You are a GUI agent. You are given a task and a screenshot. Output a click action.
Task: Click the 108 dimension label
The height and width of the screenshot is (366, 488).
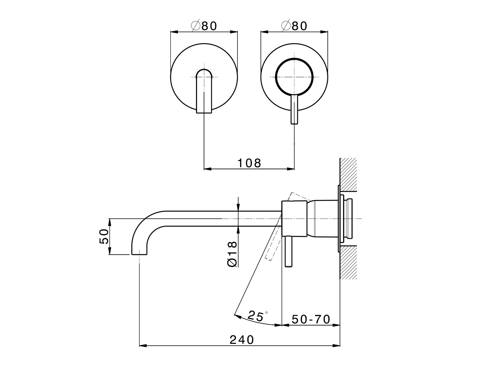point(249,163)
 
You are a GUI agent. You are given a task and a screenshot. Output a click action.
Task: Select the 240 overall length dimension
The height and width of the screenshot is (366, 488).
point(242,339)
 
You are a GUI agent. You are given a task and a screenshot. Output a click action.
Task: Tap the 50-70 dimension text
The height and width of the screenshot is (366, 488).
point(311,319)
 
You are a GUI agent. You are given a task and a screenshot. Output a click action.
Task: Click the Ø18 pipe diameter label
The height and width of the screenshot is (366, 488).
point(232,254)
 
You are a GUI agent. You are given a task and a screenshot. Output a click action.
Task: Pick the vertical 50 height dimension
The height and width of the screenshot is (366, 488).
point(104,236)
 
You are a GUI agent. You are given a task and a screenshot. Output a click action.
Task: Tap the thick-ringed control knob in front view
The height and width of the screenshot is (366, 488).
point(294,76)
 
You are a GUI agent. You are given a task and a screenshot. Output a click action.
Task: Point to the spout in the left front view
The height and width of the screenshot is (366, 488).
point(204,91)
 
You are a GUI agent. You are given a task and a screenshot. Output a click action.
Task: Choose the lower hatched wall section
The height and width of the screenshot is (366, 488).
point(348,263)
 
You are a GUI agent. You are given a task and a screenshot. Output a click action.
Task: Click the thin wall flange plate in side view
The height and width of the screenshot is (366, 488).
point(338,219)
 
